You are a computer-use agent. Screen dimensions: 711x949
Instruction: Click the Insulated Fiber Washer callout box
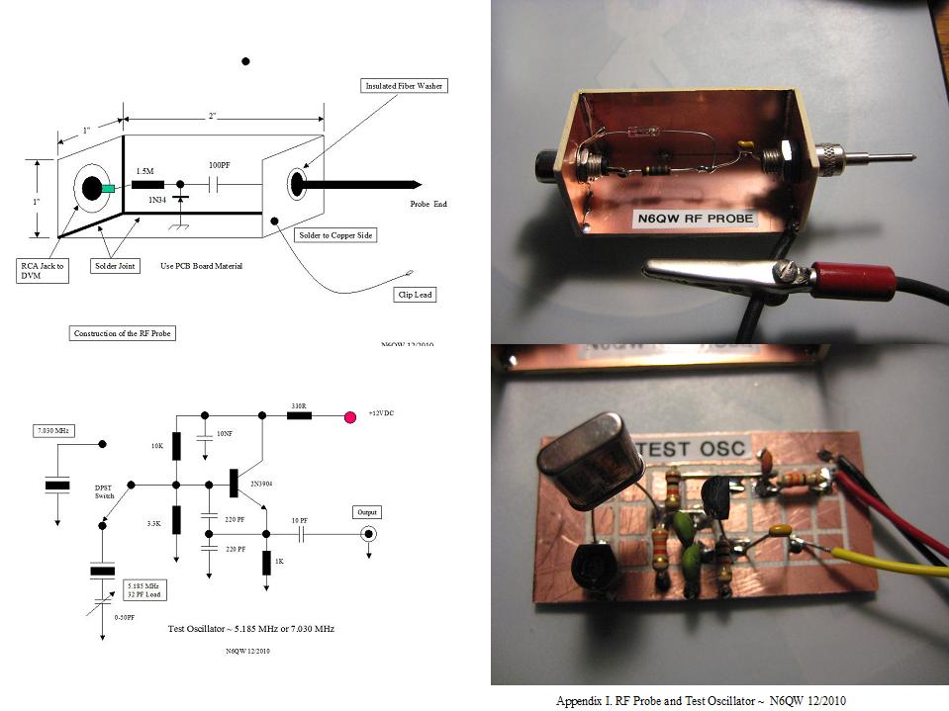point(406,86)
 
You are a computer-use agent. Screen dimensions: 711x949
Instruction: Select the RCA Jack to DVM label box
point(45,270)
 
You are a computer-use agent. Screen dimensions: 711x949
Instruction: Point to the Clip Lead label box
point(414,295)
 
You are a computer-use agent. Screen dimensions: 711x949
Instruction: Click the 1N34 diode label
point(157,201)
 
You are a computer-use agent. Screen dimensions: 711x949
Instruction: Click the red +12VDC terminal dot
point(349,416)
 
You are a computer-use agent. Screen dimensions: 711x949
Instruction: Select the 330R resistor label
point(298,405)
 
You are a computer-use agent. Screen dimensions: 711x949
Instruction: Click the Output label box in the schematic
point(367,512)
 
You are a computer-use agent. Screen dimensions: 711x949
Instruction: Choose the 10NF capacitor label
point(225,433)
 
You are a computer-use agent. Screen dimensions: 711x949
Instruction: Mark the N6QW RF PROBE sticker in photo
point(692,217)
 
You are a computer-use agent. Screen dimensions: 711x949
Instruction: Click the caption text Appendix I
point(701,700)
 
